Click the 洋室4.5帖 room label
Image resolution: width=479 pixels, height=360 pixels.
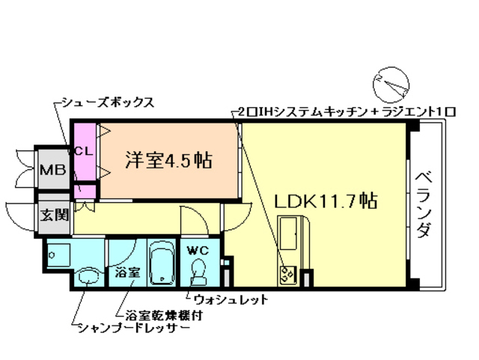tap(168, 159)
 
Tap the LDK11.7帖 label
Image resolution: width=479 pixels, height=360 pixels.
tap(325, 201)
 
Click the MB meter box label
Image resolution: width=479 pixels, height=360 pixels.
tap(52, 170)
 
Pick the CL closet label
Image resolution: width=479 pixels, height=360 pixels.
tap(83, 150)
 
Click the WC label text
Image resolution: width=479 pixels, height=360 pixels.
tap(198, 249)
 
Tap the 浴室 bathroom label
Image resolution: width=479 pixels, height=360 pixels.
tap(127, 272)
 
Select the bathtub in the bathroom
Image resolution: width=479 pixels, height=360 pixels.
tap(160, 263)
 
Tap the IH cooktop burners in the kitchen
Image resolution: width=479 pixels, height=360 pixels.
tap(287, 275)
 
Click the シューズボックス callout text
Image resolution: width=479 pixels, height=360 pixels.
tap(108, 103)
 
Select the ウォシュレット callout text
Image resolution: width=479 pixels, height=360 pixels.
tap(231, 299)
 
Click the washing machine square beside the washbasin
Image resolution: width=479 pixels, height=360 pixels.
tap(58, 255)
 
